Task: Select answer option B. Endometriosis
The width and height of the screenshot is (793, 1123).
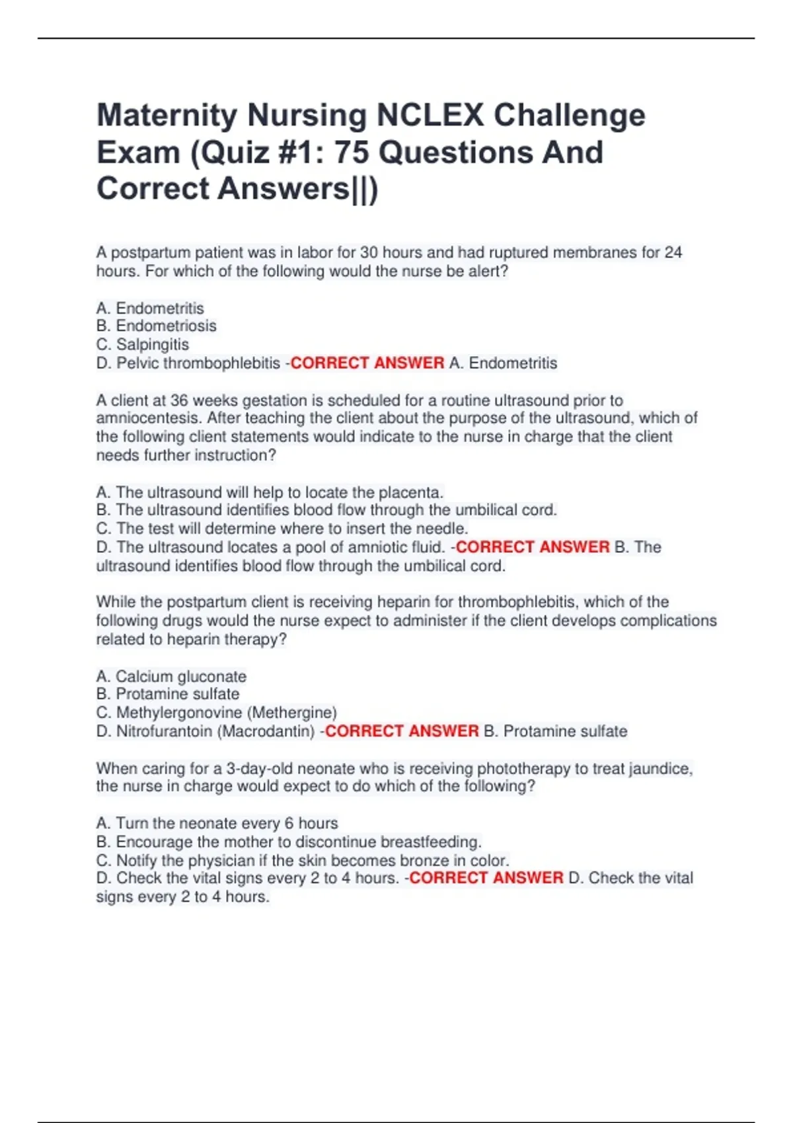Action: (156, 326)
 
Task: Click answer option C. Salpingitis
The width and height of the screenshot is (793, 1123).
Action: (143, 344)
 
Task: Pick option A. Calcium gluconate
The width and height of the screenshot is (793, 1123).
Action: (171, 676)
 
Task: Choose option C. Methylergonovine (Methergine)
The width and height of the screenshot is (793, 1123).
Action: (217, 713)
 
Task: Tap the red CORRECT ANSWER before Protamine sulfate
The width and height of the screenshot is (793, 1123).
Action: (402, 731)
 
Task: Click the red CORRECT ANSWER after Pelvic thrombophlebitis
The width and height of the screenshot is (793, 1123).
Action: (367, 363)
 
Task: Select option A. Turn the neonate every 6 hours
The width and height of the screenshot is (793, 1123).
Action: (217, 823)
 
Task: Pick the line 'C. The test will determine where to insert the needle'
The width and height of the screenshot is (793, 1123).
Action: (282, 528)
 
